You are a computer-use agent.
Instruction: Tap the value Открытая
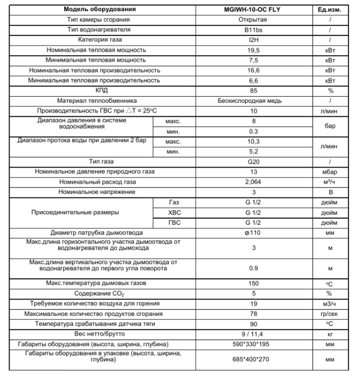(252, 19)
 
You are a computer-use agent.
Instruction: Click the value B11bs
(252, 29)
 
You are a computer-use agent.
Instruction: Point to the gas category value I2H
(252, 40)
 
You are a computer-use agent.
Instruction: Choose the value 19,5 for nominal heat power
(252, 50)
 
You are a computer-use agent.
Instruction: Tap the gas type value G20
(252, 161)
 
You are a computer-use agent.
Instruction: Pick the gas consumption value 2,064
(252, 182)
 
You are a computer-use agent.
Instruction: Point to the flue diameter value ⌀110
(252, 233)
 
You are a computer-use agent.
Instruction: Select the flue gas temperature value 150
(252, 283)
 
